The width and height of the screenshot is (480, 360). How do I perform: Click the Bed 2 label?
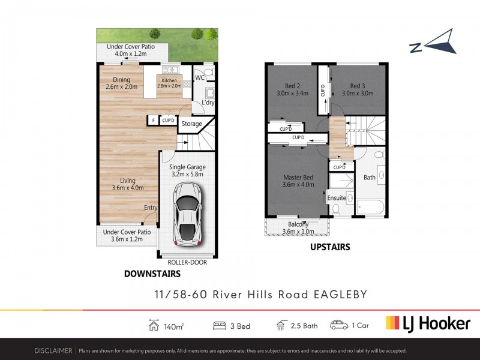(293, 89)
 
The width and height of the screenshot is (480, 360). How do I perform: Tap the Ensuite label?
(337, 197)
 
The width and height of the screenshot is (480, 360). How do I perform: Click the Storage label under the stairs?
(192, 124)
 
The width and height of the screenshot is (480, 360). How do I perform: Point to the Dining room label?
(122, 83)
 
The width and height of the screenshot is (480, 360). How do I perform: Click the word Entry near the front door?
(150, 208)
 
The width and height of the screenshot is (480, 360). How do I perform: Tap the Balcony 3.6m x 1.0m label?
(298, 228)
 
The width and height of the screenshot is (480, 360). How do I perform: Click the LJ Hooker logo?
(427, 324)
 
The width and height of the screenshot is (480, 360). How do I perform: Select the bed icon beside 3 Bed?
(220, 326)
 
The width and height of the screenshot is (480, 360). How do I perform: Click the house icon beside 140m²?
(153, 325)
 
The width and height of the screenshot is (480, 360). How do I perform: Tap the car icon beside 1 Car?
(339, 325)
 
